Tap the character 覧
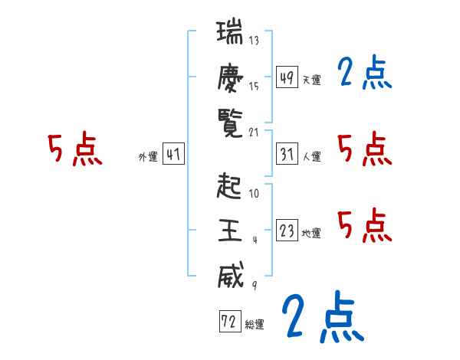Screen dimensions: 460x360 point(229,120)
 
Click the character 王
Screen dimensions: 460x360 point(229,230)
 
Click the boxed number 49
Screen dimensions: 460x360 point(287,77)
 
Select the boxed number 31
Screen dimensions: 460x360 point(287,154)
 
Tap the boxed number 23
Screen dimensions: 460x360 point(287,231)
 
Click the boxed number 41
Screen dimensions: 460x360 point(173,154)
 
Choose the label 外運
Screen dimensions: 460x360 point(148,157)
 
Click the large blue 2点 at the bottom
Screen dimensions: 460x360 point(321,317)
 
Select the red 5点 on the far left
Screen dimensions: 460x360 point(74,150)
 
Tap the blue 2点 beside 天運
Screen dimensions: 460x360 point(364,74)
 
